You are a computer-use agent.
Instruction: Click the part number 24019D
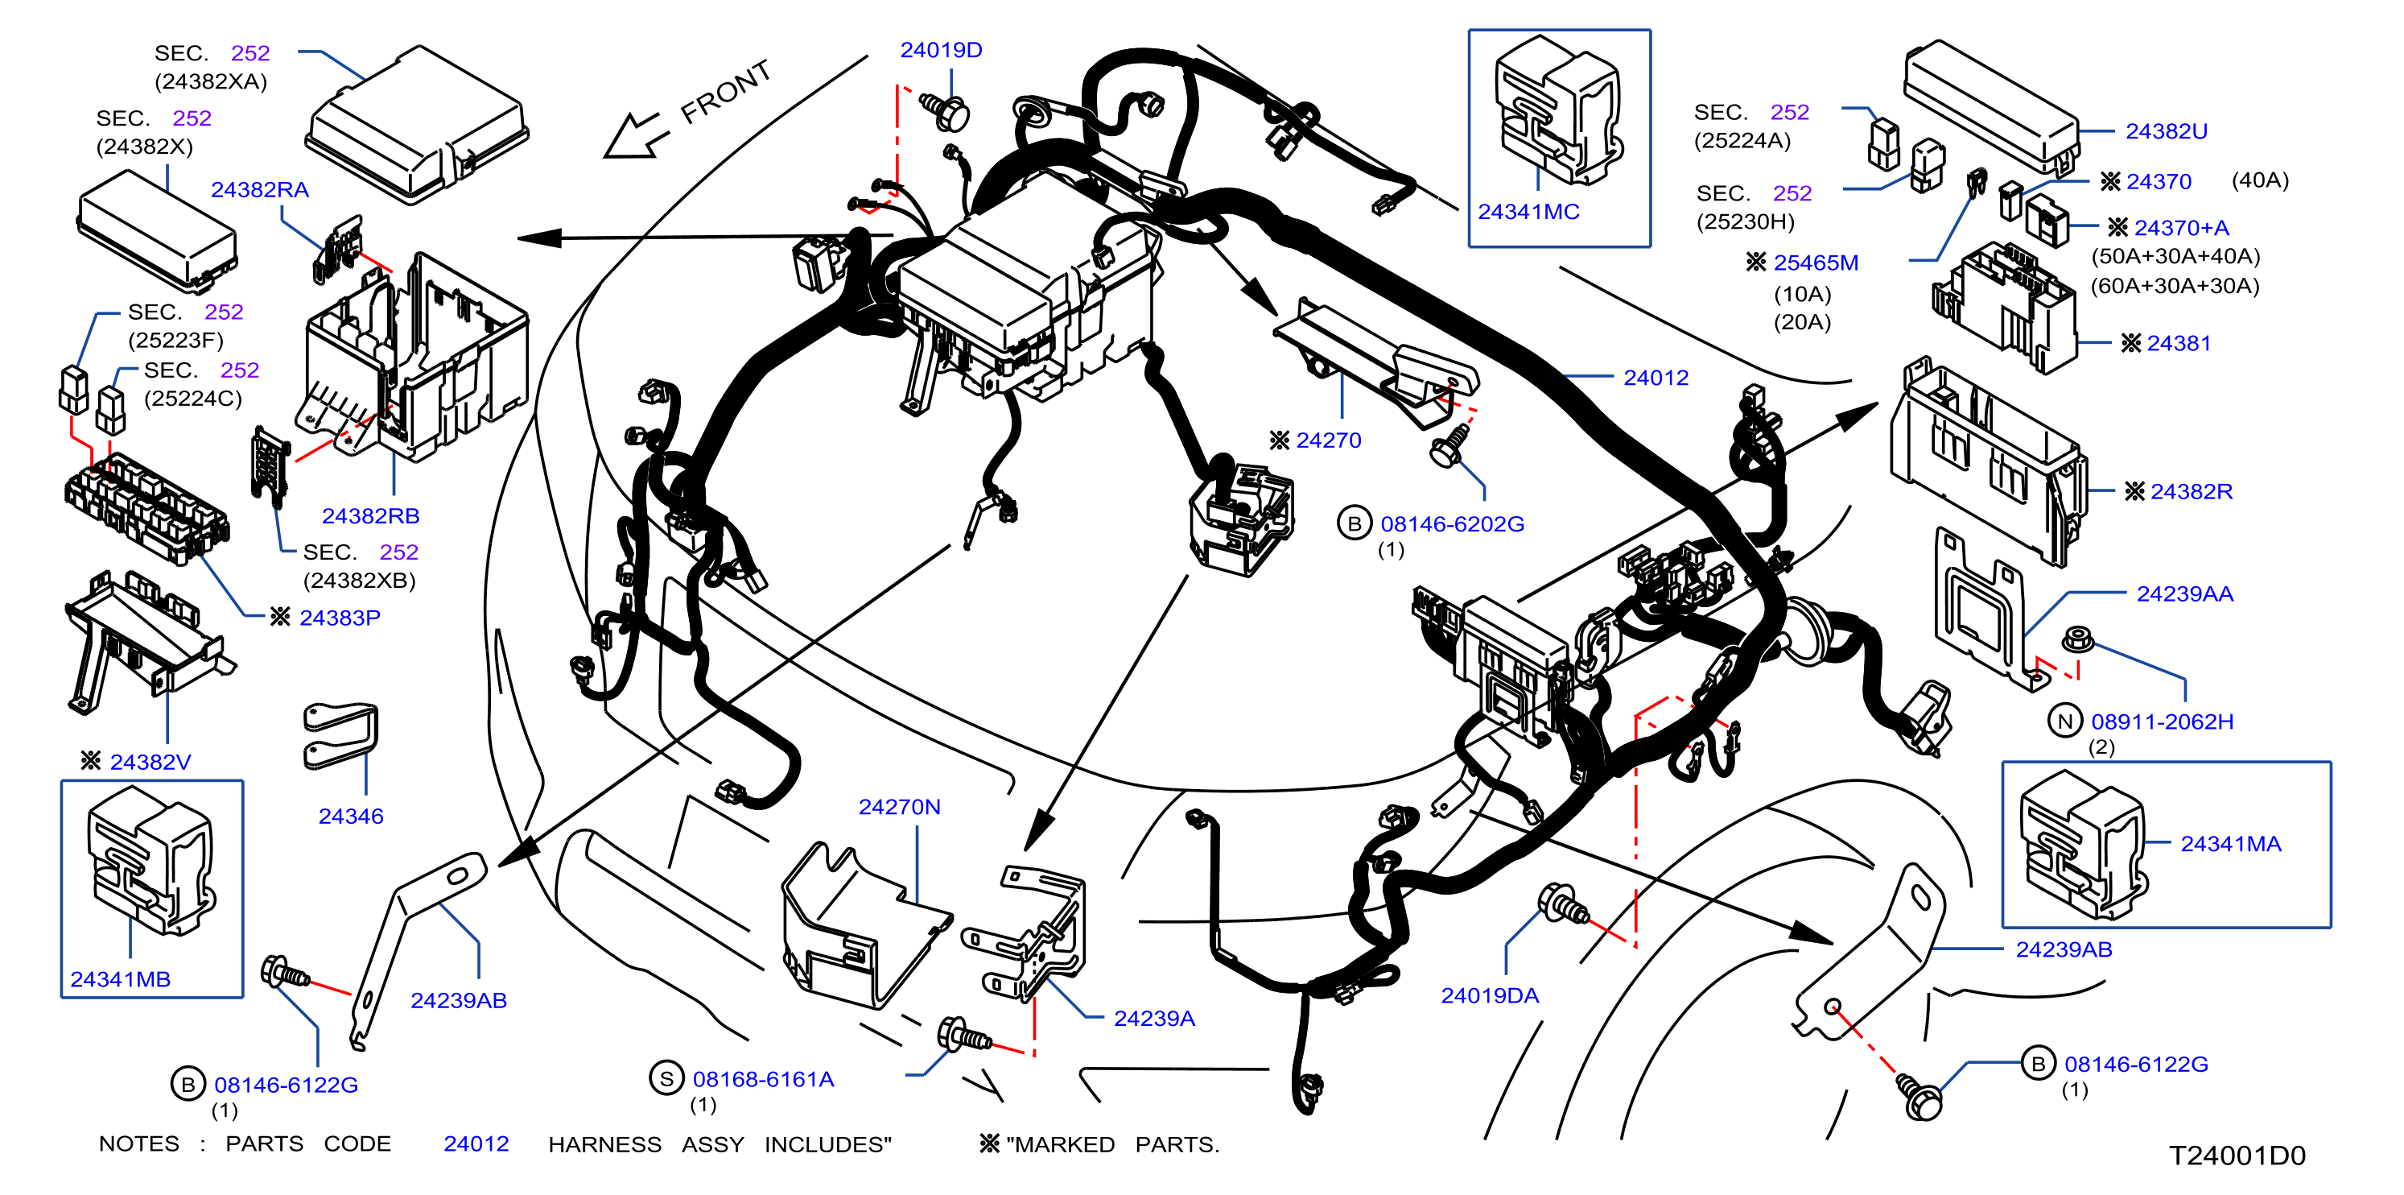coord(941,51)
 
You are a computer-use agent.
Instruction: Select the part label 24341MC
coord(1528,212)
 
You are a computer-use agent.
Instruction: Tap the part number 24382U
coord(2166,131)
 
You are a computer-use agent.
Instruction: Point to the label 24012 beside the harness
coord(1656,378)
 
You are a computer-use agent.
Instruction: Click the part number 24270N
coord(899,807)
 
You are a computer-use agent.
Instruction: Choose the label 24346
coord(351,816)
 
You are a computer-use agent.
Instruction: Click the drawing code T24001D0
coord(2237,1156)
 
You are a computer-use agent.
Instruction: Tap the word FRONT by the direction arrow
coord(726,92)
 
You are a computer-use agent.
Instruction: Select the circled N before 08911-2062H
coord(2065,721)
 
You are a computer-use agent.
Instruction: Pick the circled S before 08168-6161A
coord(666,1078)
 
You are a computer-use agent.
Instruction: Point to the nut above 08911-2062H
coord(2076,639)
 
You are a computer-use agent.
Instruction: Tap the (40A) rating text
coord(2259,180)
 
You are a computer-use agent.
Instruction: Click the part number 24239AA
coord(2185,593)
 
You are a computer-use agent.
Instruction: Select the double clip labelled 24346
coord(340,736)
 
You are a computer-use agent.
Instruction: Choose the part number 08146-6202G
coord(1452,525)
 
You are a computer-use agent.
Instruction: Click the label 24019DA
coord(1490,996)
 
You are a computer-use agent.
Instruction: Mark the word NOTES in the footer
coord(139,1143)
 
